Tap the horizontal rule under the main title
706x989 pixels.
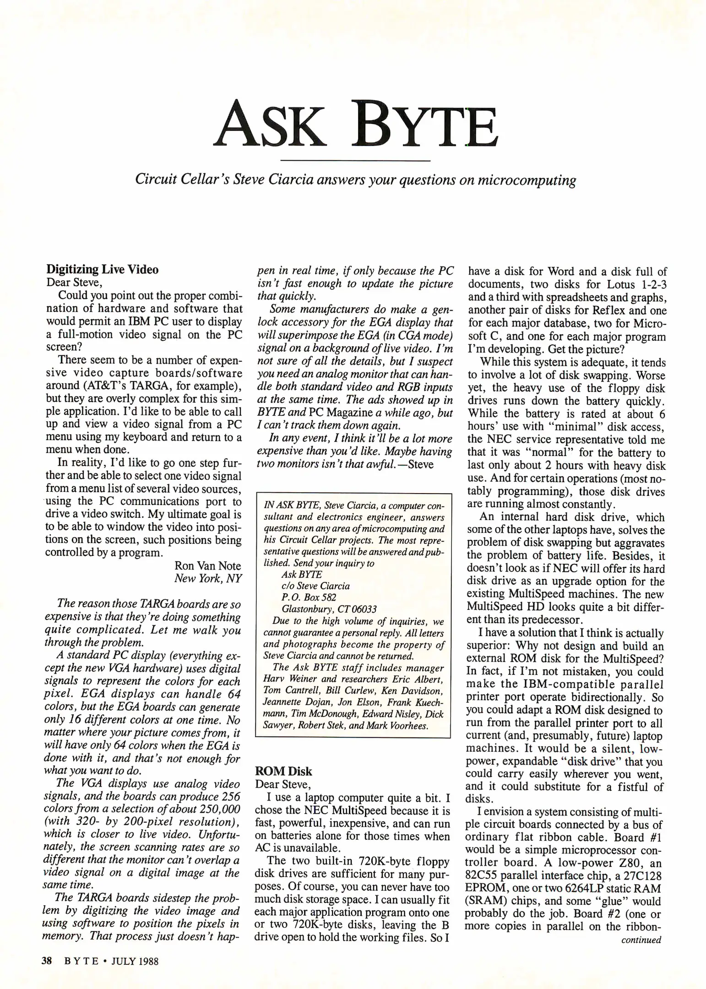355,161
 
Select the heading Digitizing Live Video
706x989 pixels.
103,269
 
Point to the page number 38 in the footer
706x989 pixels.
47,961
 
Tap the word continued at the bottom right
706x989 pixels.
641,940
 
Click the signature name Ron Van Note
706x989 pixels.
207,565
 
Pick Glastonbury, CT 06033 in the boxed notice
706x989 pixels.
329,609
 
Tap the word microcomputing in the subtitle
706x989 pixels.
527,180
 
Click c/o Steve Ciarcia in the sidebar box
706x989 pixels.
315,586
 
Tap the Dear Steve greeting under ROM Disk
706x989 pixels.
282,784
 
